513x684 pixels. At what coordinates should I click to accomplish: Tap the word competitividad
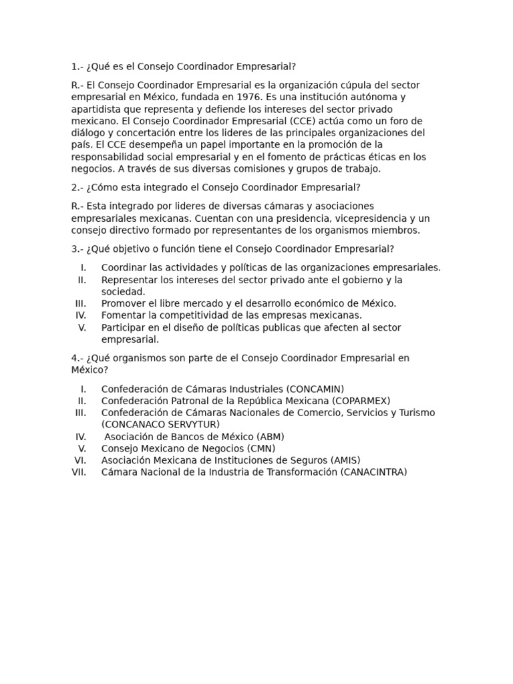(x=183, y=315)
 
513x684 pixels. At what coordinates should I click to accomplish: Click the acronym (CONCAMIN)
(x=315, y=389)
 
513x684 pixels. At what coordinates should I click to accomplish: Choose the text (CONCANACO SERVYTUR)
(x=160, y=424)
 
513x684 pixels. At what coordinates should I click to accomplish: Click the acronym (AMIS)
(x=345, y=460)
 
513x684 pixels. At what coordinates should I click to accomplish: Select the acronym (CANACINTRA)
(x=373, y=472)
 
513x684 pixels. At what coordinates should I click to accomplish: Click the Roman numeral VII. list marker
(x=79, y=472)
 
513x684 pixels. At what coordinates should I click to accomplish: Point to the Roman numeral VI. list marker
(x=81, y=460)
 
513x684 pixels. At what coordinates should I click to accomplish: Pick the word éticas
(x=378, y=157)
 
